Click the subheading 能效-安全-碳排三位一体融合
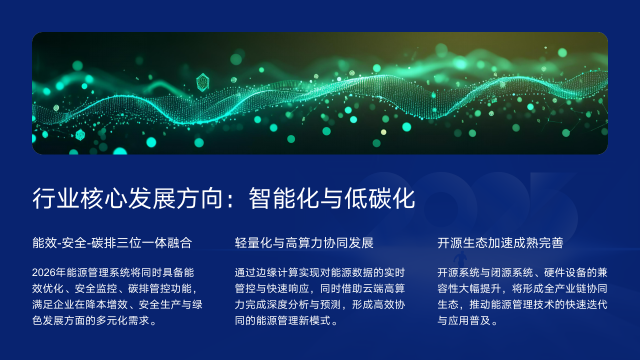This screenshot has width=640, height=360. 111,243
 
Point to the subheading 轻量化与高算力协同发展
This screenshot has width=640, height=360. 304,243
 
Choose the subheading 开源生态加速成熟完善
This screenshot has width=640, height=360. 500,243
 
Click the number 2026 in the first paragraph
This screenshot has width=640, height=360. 46,273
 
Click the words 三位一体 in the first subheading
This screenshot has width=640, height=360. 137,243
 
